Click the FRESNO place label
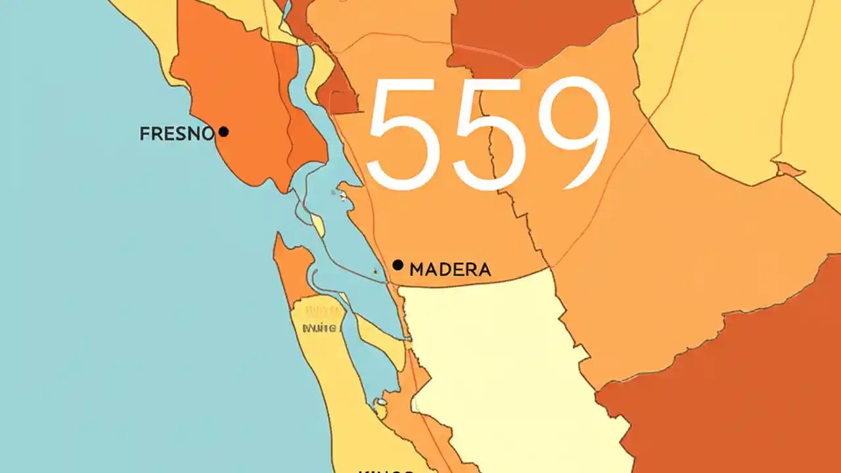point(177,134)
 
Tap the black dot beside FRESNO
point(223,131)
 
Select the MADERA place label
point(450,269)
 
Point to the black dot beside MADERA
point(398,265)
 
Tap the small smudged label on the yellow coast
point(320,327)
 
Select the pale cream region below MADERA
point(499,368)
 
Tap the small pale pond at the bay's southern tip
point(380,401)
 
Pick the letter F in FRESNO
point(145,134)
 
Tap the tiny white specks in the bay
point(338,194)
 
